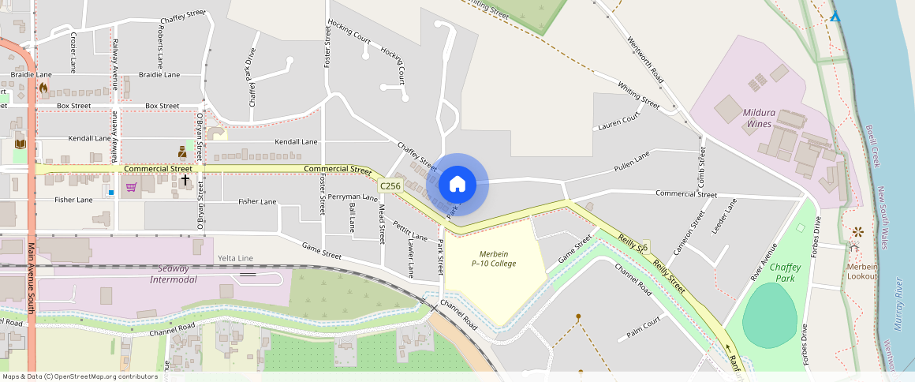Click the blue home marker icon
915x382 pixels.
point(457,184)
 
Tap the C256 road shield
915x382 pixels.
point(390,185)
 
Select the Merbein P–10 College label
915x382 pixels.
point(494,258)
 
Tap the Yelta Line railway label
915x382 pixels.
point(235,258)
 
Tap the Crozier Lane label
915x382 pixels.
point(73,52)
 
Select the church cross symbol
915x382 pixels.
point(185,180)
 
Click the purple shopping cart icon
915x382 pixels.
point(131,187)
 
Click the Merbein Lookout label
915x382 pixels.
point(861,272)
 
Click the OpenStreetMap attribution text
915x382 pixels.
point(80,376)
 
